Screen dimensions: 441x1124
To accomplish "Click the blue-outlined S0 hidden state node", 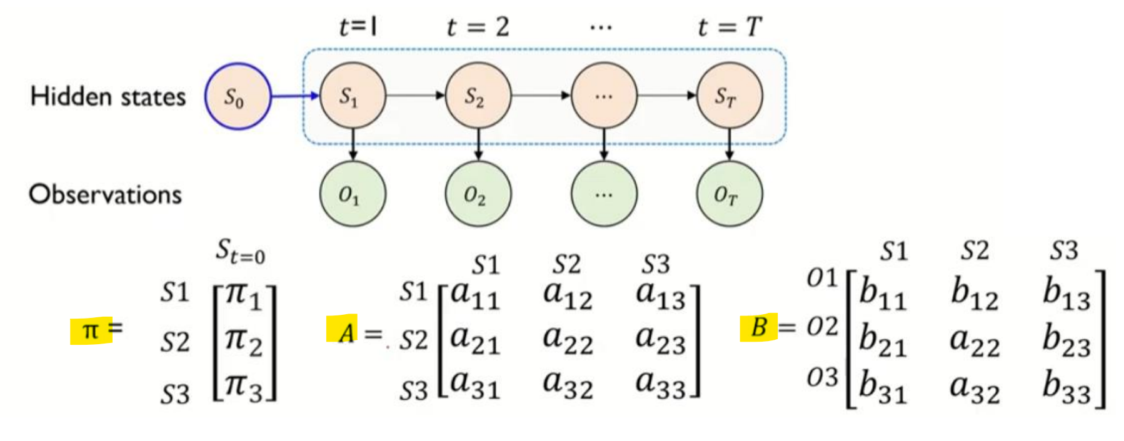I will (x=238, y=96).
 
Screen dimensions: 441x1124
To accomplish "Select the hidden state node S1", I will (x=352, y=96).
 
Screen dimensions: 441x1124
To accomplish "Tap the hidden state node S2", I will (x=478, y=96).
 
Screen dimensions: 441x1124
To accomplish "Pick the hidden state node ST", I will (x=729, y=96).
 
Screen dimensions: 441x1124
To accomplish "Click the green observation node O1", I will (x=352, y=194).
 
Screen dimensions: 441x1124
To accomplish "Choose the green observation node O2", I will (x=478, y=194).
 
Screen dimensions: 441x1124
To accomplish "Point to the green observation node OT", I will (x=729, y=194).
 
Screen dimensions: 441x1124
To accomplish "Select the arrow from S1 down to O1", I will (x=353, y=144).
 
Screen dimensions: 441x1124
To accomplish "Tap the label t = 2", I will (x=478, y=27).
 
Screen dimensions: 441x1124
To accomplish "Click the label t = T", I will (x=729, y=27).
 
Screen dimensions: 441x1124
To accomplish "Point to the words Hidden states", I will (x=108, y=96).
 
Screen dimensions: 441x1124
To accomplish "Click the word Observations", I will (x=105, y=194).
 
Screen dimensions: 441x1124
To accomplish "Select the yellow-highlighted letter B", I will (x=758, y=327).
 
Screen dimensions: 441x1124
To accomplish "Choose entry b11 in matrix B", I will (x=881, y=292).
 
